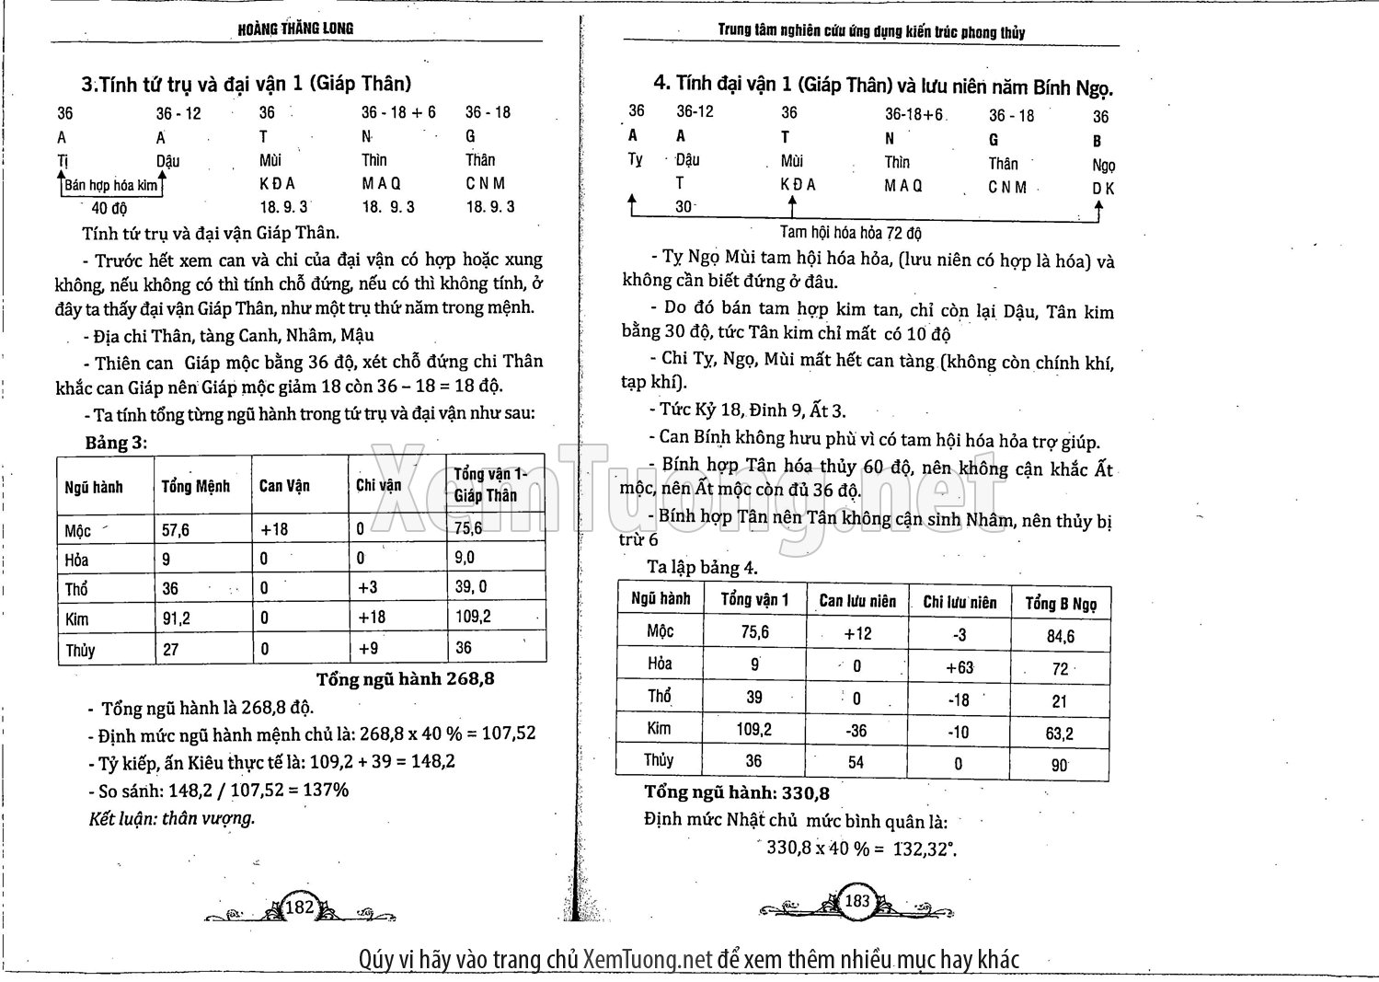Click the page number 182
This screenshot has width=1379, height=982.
pyautogui.click(x=301, y=907)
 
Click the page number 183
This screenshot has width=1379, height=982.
pyautogui.click(x=856, y=901)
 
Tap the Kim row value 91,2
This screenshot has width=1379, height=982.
pyautogui.click(x=177, y=618)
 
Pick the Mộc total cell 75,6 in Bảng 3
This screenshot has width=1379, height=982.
pyautogui.click(x=468, y=528)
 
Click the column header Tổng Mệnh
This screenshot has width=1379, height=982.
pyautogui.click(x=196, y=486)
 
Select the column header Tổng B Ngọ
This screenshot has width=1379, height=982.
pyautogui.click(x=1061, y=604)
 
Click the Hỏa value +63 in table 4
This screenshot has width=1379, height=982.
pyautogui.click(x=960, y=668)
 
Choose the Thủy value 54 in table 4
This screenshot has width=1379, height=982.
pyautogui.click(x=856, y=762)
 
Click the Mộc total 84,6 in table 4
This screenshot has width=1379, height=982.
pyautogui.click(x=1060, y=636)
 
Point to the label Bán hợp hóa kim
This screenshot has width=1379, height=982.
pyautogui.click(x=111, y=185)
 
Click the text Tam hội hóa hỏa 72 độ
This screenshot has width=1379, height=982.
pyautogui.click(x=850, y=233)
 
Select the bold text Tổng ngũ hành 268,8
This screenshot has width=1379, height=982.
pyautogui.click(x=406, y=679)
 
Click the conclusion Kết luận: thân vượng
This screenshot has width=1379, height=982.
pyautogui.click(x=171, y=817)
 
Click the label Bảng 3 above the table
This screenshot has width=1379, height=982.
pyautogui.click(x=116, y=442)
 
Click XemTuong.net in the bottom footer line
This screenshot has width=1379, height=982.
pyautogui.click(x=648, y=960)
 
